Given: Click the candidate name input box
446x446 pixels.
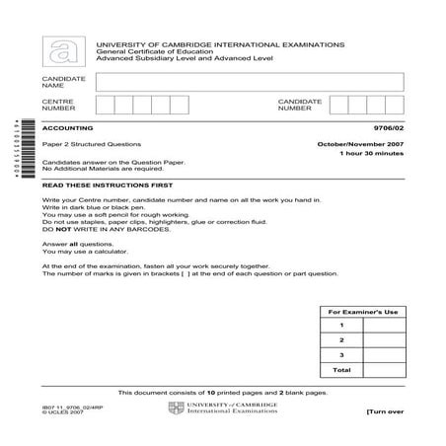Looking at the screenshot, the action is (250, 81).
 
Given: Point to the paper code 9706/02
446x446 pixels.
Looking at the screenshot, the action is (388, 128).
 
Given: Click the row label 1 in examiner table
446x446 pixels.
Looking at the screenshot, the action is (341, 325).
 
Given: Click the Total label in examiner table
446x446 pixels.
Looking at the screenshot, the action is (341, 370).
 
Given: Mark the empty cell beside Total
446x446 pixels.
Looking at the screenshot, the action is (383, 370).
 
